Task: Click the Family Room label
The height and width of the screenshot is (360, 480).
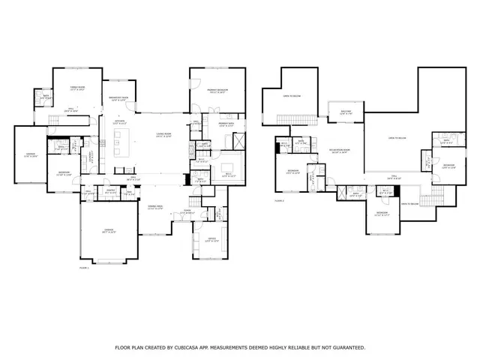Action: pos(73,88)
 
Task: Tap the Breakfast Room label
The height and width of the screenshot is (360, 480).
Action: pos(118,97)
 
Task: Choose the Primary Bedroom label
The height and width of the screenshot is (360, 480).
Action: pos(217,90)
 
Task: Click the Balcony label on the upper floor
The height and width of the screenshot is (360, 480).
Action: pos(346,112)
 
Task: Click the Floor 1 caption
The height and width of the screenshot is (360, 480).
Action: pos(84,267)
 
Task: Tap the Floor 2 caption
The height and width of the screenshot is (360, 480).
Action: pos(279,201)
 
